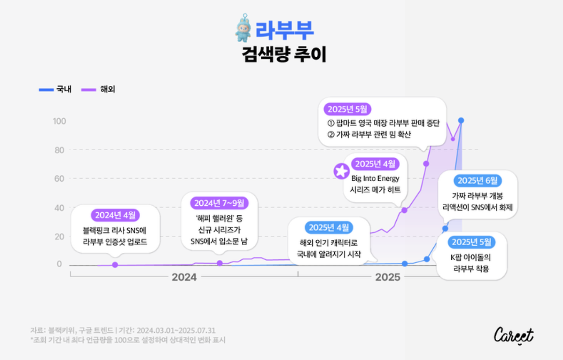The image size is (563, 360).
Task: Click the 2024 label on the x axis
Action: point(184,277)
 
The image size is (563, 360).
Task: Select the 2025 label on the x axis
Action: point(388,277)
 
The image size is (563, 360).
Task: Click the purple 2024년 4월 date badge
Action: point(115,215)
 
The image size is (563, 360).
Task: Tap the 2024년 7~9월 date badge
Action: point(219,203)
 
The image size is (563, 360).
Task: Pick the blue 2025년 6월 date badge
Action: point(477,181)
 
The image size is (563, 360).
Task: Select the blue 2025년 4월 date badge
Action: point(329,227)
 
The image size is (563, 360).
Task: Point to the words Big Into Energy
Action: point(375,178)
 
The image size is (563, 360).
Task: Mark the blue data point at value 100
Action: point(461,120)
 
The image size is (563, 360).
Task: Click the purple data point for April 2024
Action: point(115,265)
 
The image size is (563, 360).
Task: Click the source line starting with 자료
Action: point(123,330)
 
